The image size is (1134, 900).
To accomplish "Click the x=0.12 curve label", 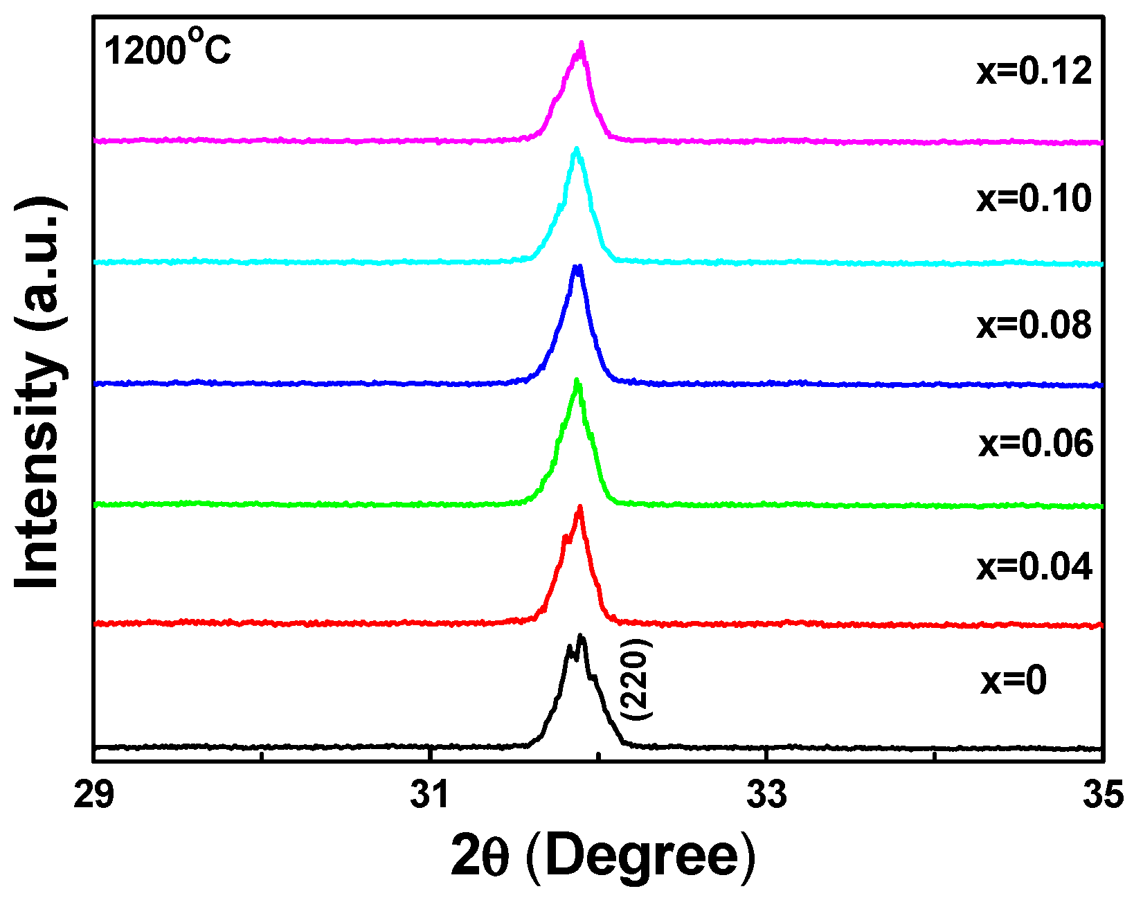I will coord(1034,71).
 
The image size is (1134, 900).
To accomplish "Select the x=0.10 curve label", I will coord(1034,199).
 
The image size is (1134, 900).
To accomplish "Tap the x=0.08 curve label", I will coord(1034,325).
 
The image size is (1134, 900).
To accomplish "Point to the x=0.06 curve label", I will coord(1036,444).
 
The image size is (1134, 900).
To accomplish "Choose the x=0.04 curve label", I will coord(1034,567).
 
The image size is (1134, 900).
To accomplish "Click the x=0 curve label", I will coord(1014,681).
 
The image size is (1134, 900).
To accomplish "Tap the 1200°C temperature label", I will coord(168,51).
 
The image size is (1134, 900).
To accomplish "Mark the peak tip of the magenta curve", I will coord(582,43).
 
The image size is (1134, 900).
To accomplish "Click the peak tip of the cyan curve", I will coord(576,148).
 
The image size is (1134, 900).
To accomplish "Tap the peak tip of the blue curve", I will coord(578,266).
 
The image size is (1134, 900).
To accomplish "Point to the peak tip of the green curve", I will coord(577,380).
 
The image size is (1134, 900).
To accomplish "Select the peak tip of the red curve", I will coord(580,507).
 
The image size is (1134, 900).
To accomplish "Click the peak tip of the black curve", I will coord(581,636).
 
